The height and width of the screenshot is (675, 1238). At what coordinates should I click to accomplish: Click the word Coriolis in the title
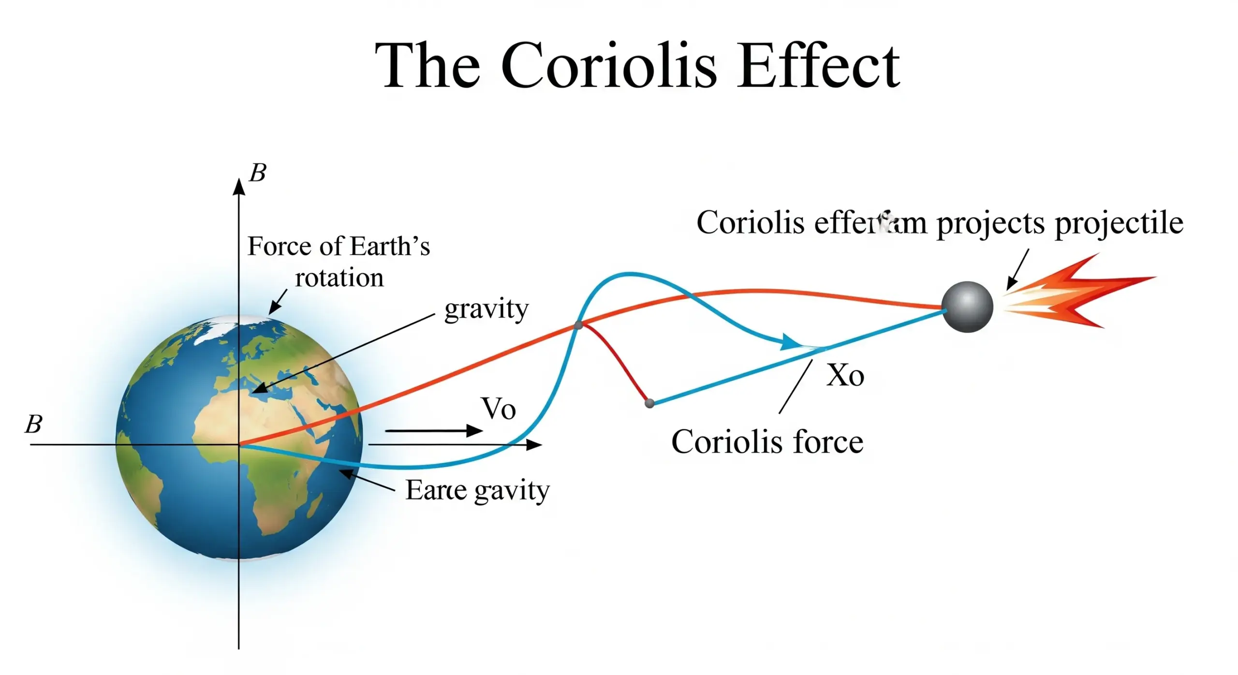608,66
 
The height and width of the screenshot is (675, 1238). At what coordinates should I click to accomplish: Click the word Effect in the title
817,66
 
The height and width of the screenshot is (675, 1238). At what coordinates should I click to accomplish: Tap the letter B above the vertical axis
257,173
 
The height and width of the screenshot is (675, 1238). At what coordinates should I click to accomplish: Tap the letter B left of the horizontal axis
33,424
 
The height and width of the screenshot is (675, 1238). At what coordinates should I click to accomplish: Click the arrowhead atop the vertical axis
239,187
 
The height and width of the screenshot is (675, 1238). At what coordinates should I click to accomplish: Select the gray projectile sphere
967,307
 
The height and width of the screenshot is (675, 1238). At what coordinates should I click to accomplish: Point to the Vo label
499,409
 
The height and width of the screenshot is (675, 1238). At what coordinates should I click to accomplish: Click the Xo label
845,375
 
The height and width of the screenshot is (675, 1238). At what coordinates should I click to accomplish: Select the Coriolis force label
767,442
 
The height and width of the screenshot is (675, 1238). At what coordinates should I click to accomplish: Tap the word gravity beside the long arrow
486,309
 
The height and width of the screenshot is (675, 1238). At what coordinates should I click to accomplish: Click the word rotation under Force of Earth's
339,278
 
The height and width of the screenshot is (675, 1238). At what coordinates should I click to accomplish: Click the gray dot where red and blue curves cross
578,325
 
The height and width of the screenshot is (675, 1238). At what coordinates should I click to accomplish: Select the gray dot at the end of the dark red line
649,403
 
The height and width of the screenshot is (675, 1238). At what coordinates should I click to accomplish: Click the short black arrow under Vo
433,430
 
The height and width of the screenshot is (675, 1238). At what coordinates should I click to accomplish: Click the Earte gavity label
477,490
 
